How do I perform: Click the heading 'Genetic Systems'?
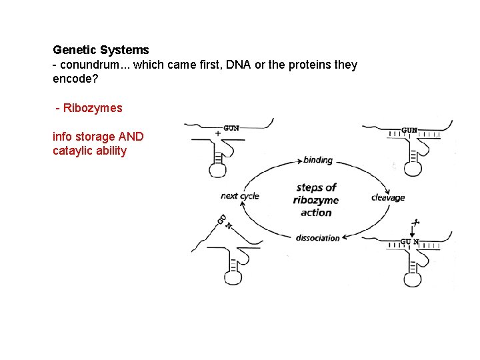click(x=101, y=50)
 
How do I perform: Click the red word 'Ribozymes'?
click(x=93, y=107)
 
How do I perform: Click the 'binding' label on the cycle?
click(x=317, y=160)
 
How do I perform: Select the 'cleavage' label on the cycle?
click(x=387, y=197)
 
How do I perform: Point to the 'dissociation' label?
click(x=317, y=238)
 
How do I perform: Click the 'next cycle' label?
click(x=239, y=196)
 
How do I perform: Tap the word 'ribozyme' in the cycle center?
click(x=316, y=200)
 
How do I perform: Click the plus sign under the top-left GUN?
click(x=218, y=133)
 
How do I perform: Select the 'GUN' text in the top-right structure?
click(x=410, y=129)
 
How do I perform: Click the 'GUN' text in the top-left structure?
click(x=232, y=127)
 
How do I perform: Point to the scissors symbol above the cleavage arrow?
click(x=415, y=222)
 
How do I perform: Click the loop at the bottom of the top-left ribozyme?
click(x=218, y=169)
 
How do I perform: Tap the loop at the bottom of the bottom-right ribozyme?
click(x=413, y=278)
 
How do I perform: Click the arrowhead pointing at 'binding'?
click(x=298, y=160)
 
